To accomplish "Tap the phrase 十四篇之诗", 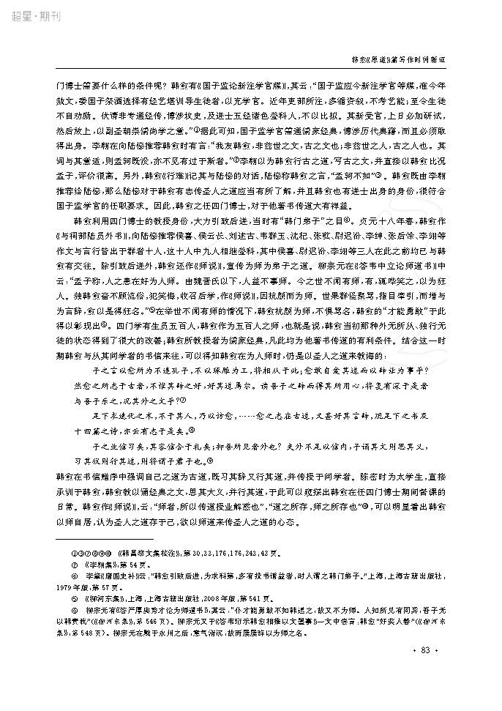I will pos(99,433).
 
